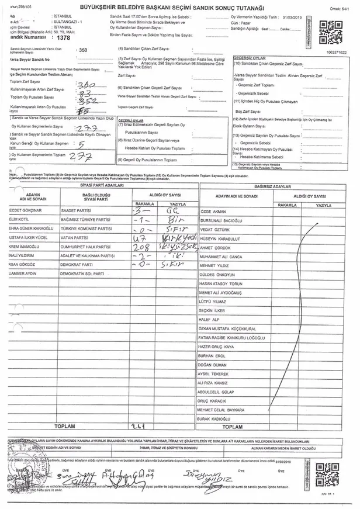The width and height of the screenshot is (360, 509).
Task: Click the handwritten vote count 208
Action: (x=142, y=248)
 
